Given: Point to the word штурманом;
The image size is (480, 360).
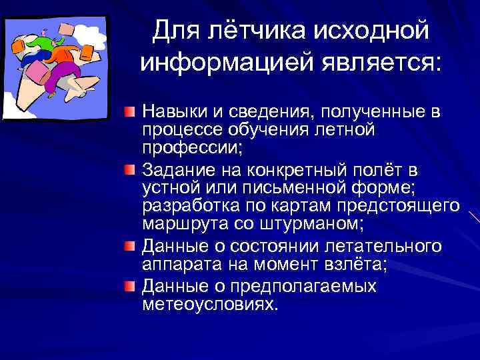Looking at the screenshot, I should coord(321,223).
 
